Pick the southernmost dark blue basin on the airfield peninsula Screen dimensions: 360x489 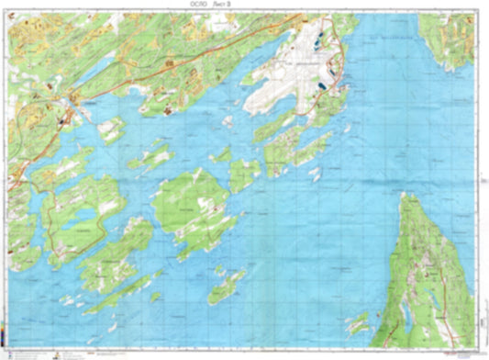(x=323, y=85)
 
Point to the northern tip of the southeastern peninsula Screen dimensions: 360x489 (x=404, y=194)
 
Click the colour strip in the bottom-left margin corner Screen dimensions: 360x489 (x=4, y=340)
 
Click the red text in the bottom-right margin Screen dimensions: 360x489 (x=459, y=352)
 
